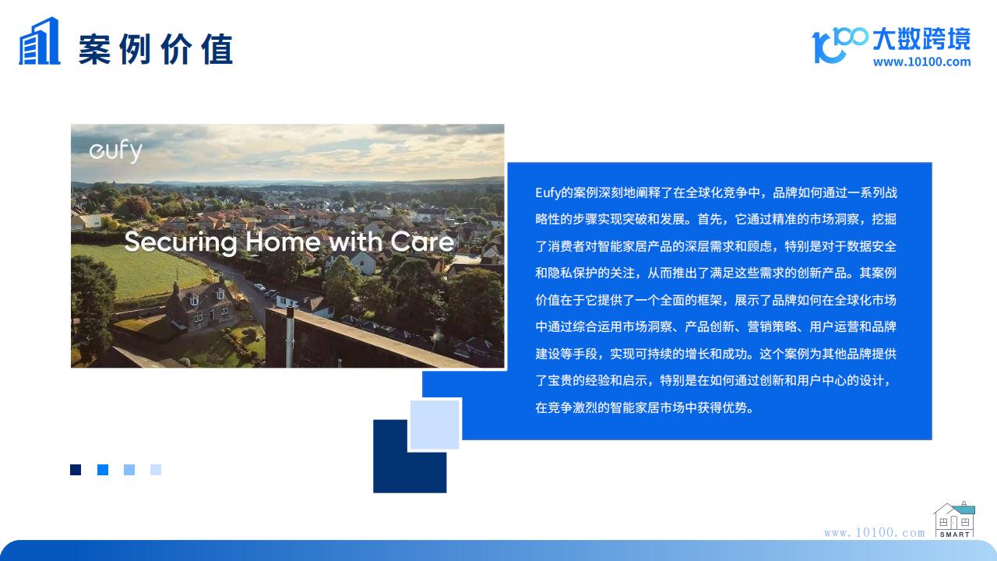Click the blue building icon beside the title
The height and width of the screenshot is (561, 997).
pos(39,41)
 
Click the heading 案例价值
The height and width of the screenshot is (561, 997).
pos(156,49)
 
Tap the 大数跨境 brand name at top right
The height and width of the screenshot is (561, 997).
pos(921,39)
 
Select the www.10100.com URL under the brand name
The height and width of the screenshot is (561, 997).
pos(921,62)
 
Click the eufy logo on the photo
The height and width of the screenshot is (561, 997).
pos(116,150)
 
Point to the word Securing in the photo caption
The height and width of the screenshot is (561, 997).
pos(181,242)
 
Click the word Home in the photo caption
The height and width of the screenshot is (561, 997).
pos(283,242)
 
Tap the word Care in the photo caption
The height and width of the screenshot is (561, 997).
pos(422,242)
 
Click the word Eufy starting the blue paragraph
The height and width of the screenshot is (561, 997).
pos(548,193)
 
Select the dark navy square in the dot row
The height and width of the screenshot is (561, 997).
pos(76,470)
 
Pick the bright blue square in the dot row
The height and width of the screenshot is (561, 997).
pos(103,470)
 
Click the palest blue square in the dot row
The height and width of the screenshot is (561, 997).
pos(156,470)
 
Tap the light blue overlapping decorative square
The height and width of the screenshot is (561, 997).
pos(435,425)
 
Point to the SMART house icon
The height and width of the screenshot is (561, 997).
pos(955,520)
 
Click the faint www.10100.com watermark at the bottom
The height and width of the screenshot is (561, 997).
pos(874,532)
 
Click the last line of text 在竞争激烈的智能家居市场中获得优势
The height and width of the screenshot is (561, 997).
pos(644,408)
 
